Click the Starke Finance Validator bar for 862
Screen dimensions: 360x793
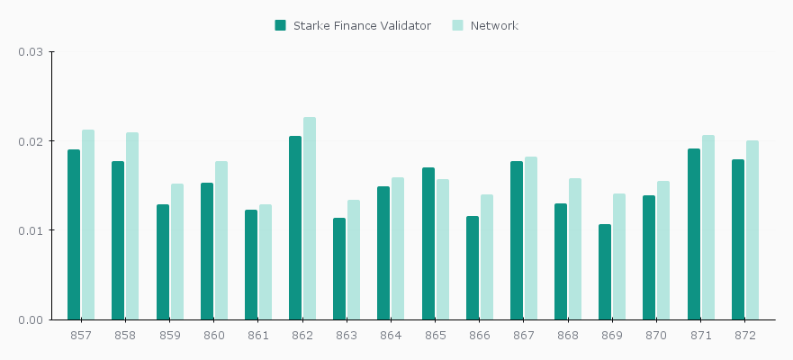coord(295,228)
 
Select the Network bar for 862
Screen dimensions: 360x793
coord(310,219)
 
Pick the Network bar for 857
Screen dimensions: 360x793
coord(88,225)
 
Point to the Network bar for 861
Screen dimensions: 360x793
coord(266,262)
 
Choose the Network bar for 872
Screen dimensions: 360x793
coord(752,229)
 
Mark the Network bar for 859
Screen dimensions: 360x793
coord(177,252)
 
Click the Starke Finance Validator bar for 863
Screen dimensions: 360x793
coord(339,268)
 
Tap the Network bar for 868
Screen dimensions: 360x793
coord(575,249)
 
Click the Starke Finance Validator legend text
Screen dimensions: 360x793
coord(362,25)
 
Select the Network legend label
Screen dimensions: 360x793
coord(494,25)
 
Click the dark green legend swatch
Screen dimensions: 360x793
coord(281,25)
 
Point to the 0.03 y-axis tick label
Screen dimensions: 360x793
coord(31,52)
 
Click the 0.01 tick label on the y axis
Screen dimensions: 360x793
coord(31,230)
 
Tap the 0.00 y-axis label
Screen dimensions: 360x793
coord(31,319)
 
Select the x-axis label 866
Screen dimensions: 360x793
coord(480,335)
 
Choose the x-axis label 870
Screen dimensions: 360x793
coord(657,335)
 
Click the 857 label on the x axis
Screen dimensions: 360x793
coord(81,335)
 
